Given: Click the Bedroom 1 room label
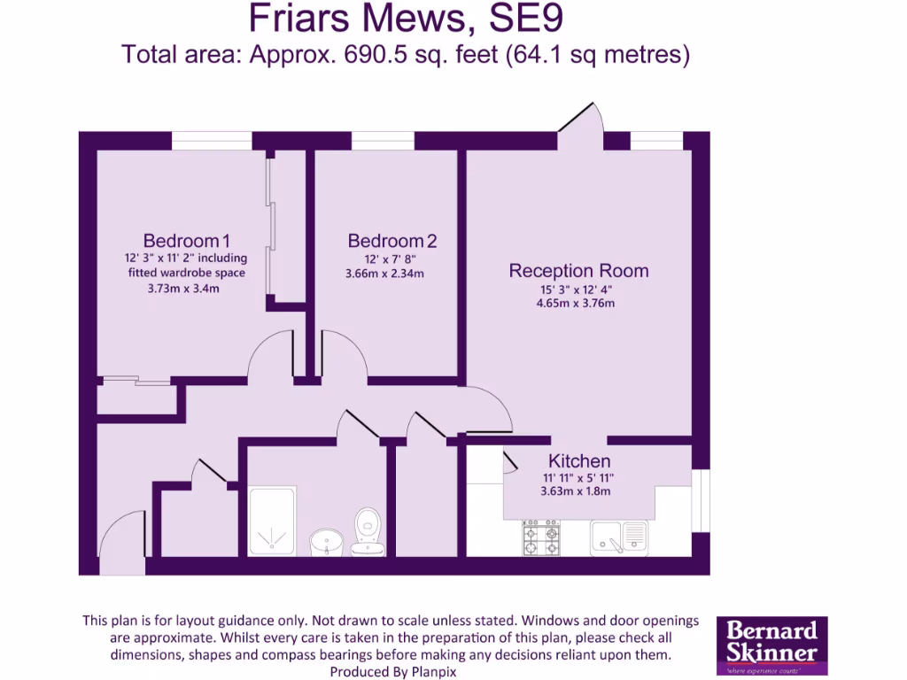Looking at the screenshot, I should [187, 241].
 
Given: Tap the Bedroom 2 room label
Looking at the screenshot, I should [391, 241].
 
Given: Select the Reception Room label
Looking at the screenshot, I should [578, 271].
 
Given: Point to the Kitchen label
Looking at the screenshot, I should [579, 461].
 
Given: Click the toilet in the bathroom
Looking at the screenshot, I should [367, 531].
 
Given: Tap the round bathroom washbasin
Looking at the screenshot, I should [328, 540].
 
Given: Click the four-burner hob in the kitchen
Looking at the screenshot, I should [540, 537].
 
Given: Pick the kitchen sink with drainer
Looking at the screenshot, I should [620, 536].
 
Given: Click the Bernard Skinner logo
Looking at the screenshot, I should [771, 646].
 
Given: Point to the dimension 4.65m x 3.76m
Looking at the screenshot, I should [577, 303].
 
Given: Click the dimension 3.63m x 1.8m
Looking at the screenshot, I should [576, 491].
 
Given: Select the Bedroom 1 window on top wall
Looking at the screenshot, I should [211, 141].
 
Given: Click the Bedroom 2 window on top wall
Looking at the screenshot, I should [383, 141].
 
